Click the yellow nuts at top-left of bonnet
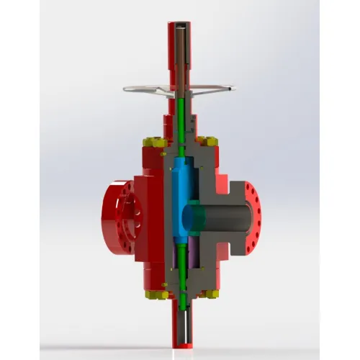[x=153, y=142]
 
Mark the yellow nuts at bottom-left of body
[x=154, y=294]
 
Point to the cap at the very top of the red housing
[x=180, y=25]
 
